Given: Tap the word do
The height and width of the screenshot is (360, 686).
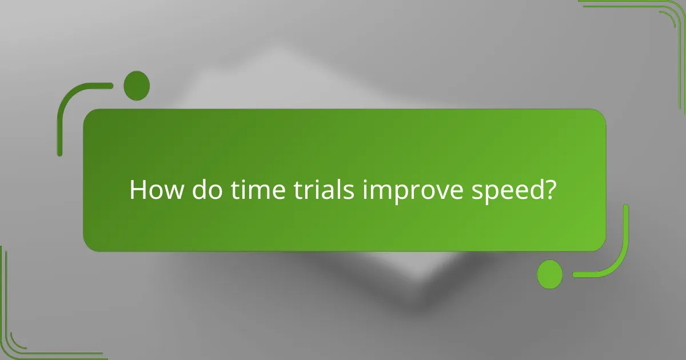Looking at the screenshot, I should (x=204, y=190).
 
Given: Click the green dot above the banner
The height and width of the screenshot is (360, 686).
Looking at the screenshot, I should (x=137, y=86).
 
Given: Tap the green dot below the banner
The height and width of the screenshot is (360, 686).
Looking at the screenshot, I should (x=550, y=274).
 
